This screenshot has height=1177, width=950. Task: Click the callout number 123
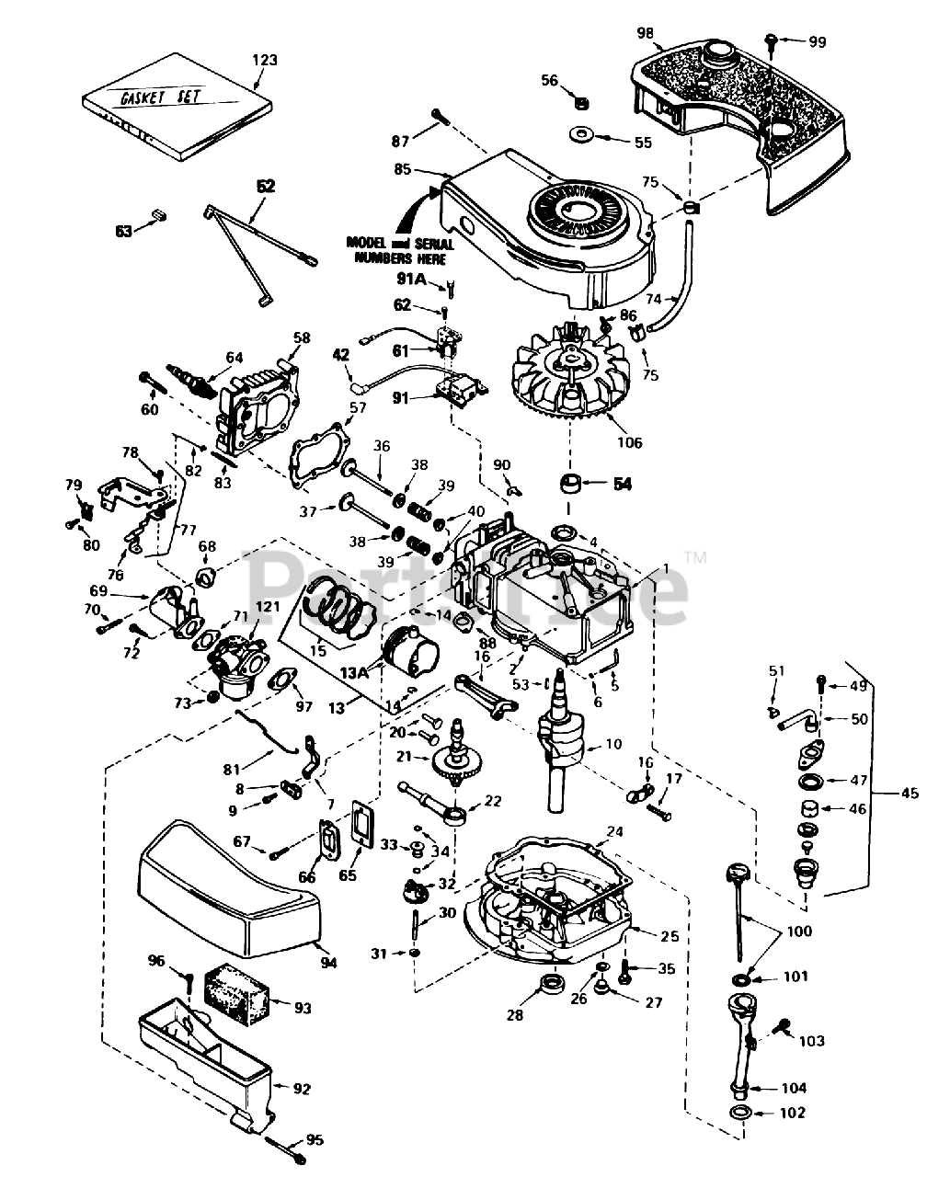click(x=265, y=60)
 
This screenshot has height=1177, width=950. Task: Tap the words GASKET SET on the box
click(x=161, y=97)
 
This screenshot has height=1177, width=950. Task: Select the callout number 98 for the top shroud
click(x=645, y=33)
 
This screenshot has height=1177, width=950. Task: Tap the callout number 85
click(x=402, y=169)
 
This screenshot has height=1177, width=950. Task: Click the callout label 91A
click(x=411, y=280)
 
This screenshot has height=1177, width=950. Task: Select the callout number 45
click(x=910, y=793)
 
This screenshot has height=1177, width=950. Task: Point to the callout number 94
click(x=329, y=963)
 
